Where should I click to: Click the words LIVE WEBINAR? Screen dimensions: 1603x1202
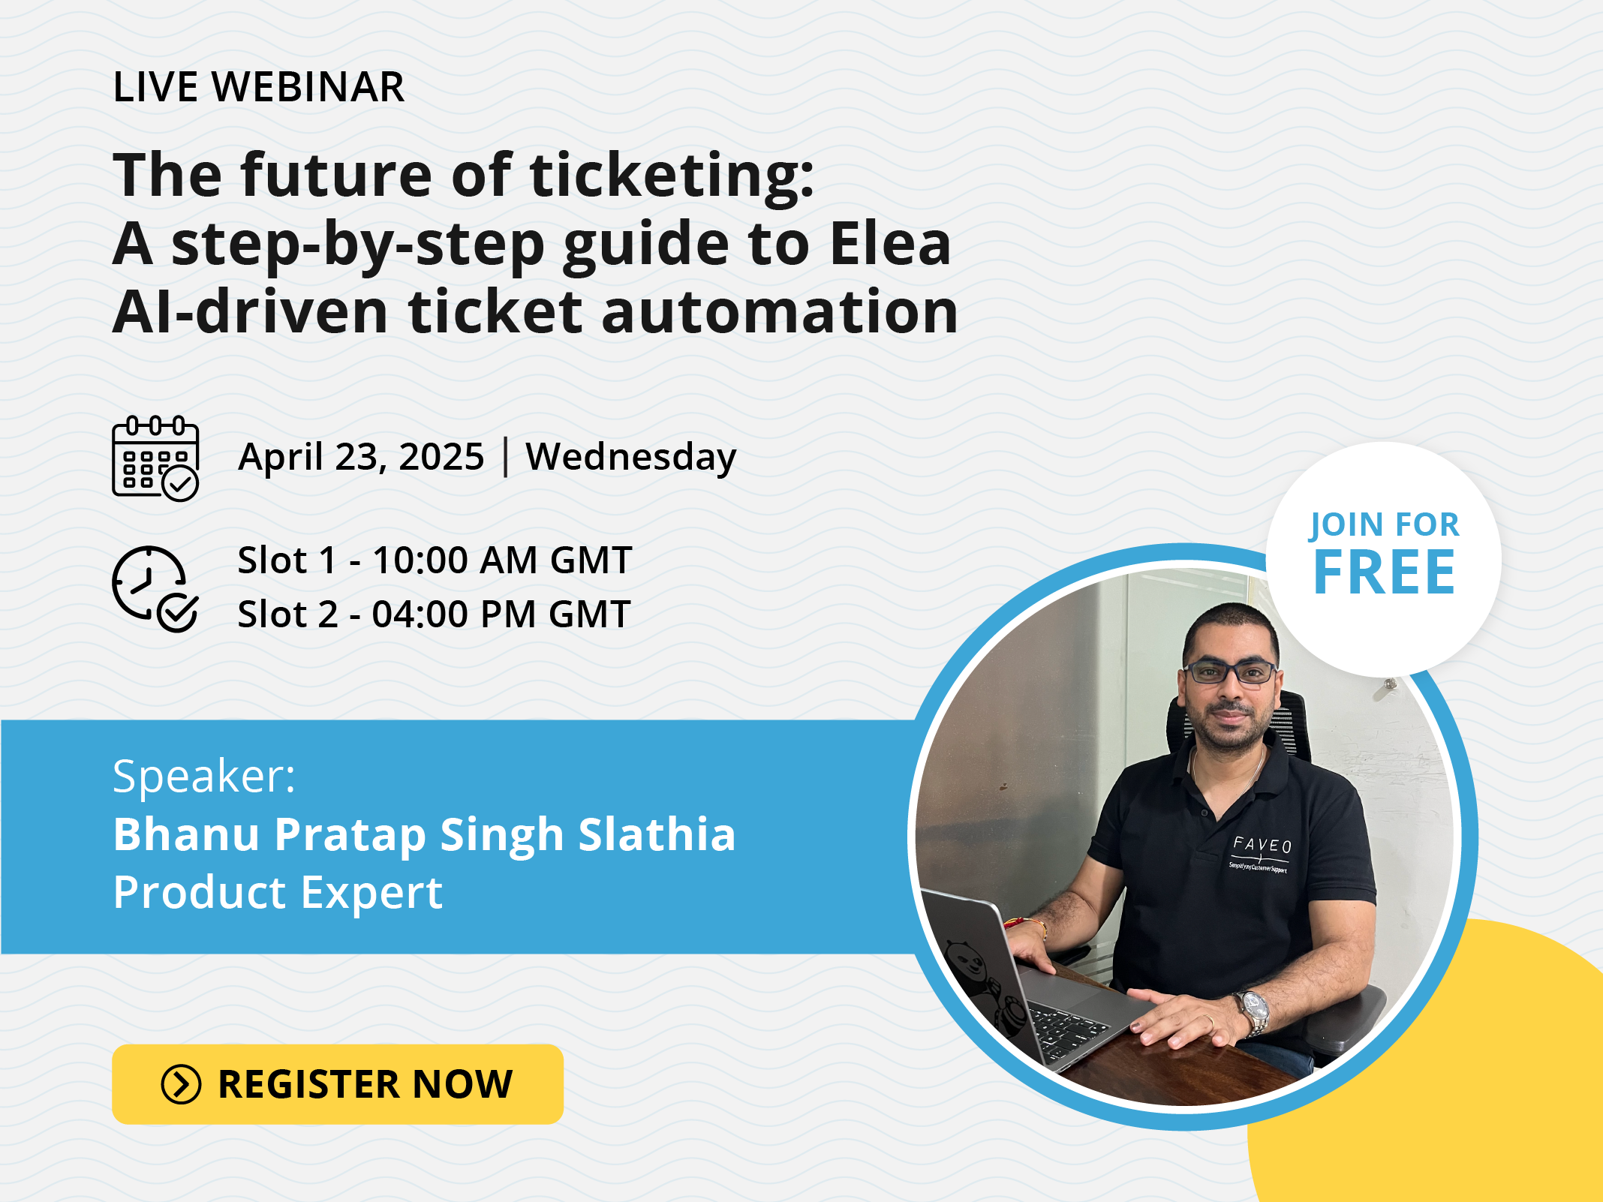pos(258,87)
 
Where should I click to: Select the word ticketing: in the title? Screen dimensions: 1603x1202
pos(672,176)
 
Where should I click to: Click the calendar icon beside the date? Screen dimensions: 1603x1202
pos(155,458)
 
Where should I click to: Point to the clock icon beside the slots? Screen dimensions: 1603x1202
pos(155,588)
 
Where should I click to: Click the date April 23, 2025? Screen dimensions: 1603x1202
pos(361,457)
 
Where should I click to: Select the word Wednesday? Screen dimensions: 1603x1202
pos(631,457)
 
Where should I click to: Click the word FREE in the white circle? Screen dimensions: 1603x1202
pos(1385,572)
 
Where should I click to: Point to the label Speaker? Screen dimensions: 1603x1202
pos(204,776)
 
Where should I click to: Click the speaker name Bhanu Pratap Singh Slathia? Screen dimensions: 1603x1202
pos(425,834)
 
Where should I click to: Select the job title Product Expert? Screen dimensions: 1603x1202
pos(278,892)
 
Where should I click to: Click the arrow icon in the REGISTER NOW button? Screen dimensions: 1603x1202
pos(181,1084)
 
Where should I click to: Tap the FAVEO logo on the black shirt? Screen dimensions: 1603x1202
pos(1262,852)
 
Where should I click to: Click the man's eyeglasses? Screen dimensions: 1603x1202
pos(1231,672)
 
